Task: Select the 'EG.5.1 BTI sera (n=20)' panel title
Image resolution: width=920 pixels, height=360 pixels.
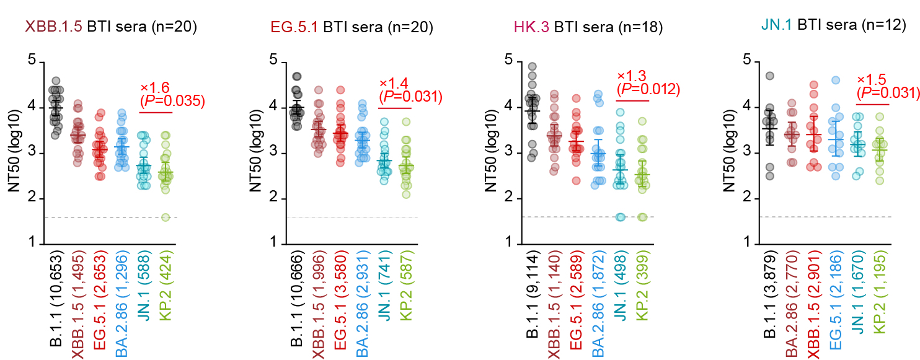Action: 352,27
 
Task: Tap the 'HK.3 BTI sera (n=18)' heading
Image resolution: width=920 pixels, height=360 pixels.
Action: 588,27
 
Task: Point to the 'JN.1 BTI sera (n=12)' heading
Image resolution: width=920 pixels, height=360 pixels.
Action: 834,25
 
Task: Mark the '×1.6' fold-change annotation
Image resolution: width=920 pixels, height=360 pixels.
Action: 155,87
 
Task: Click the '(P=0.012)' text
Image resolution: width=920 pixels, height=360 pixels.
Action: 648,89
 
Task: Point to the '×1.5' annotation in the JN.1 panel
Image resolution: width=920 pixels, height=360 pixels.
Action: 872,80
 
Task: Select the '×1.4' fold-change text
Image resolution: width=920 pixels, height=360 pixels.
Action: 394,83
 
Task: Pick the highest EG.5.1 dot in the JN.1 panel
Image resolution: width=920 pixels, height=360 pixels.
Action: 835,80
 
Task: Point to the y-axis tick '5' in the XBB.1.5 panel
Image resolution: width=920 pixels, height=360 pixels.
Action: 32,62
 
